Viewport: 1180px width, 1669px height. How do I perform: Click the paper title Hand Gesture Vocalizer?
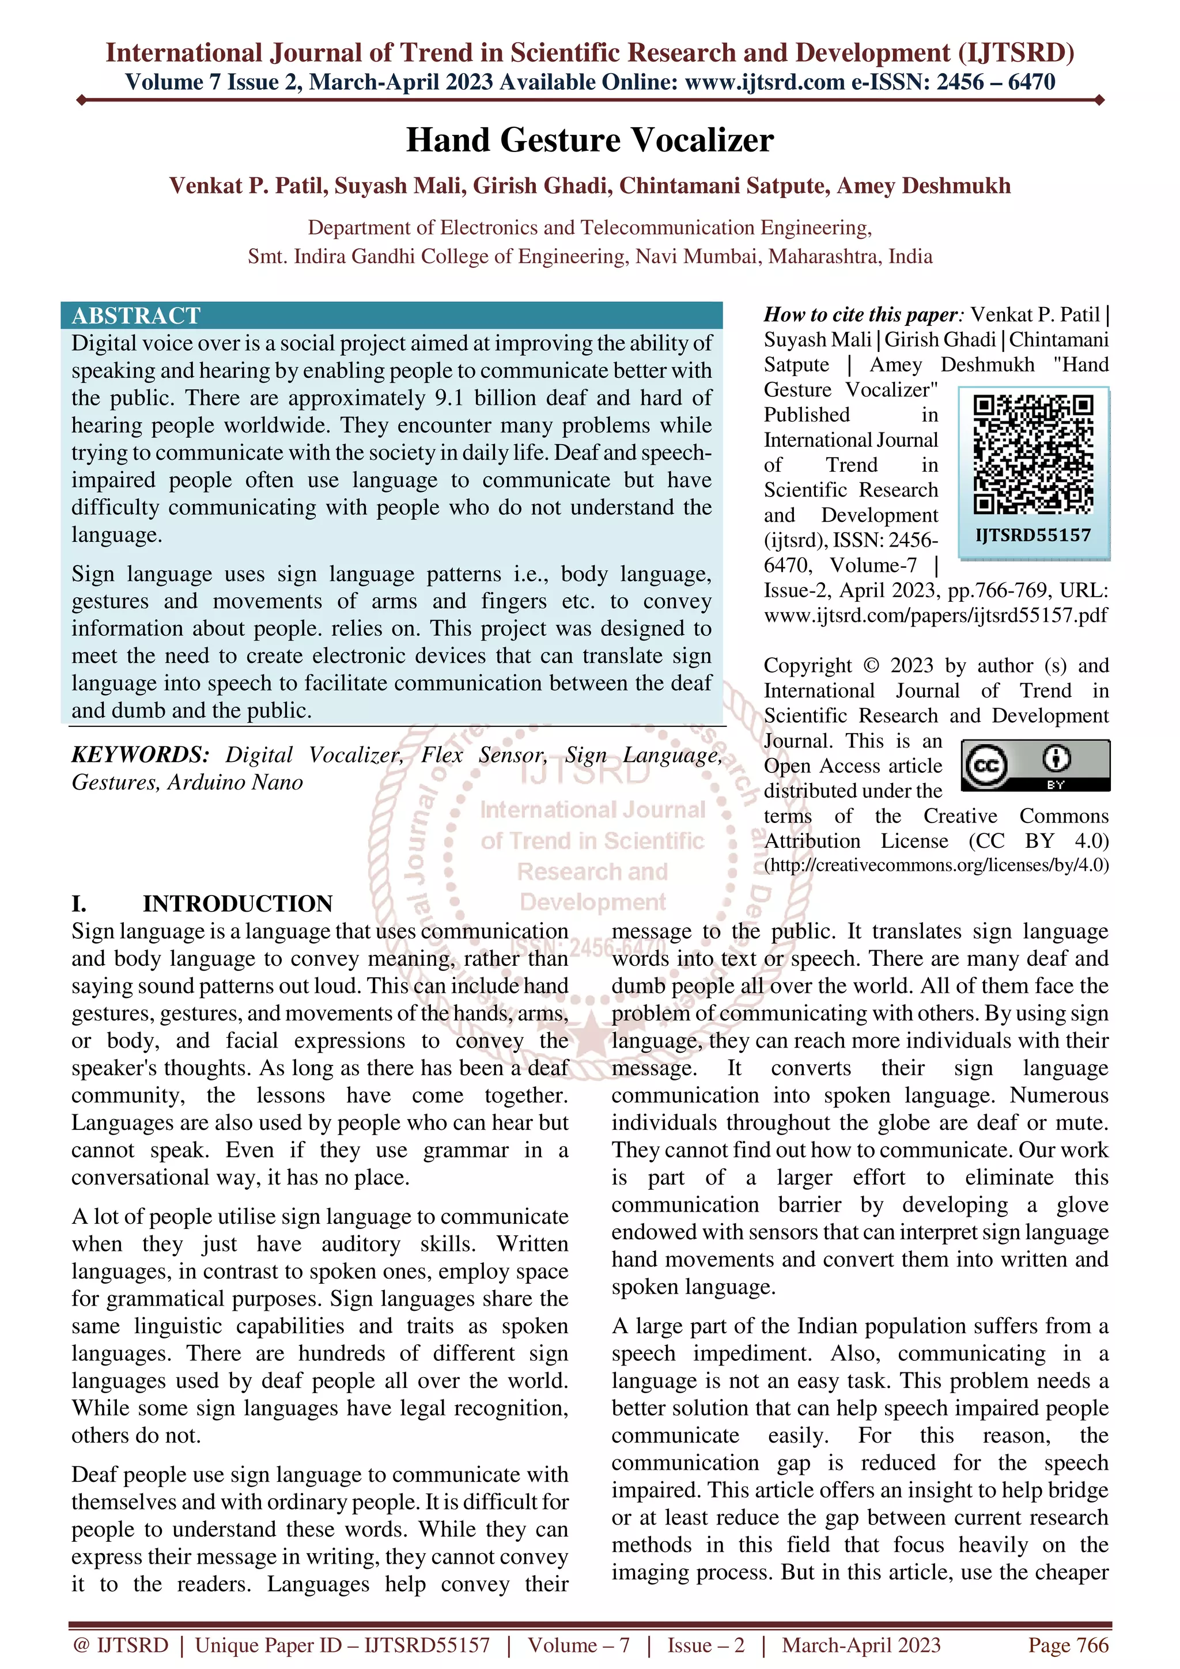click(589, 141)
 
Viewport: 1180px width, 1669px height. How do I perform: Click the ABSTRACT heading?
click(136, 316)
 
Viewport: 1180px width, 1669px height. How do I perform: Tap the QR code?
click(1033, 454)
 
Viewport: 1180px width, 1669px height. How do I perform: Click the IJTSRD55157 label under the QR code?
click(1033, 536)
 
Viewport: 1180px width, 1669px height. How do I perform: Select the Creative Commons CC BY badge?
click(1035, 765)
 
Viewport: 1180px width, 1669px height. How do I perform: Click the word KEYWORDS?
click(139, 754)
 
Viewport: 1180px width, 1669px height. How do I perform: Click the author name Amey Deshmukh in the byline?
click(924, 186)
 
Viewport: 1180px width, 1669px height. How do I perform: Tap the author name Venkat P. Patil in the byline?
click(247, 186)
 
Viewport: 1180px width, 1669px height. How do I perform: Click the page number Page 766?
click(1068, 1645)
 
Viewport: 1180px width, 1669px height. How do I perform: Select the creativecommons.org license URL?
click(936, 865)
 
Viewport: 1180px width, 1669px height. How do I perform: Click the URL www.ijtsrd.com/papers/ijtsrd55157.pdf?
click(936, 615)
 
